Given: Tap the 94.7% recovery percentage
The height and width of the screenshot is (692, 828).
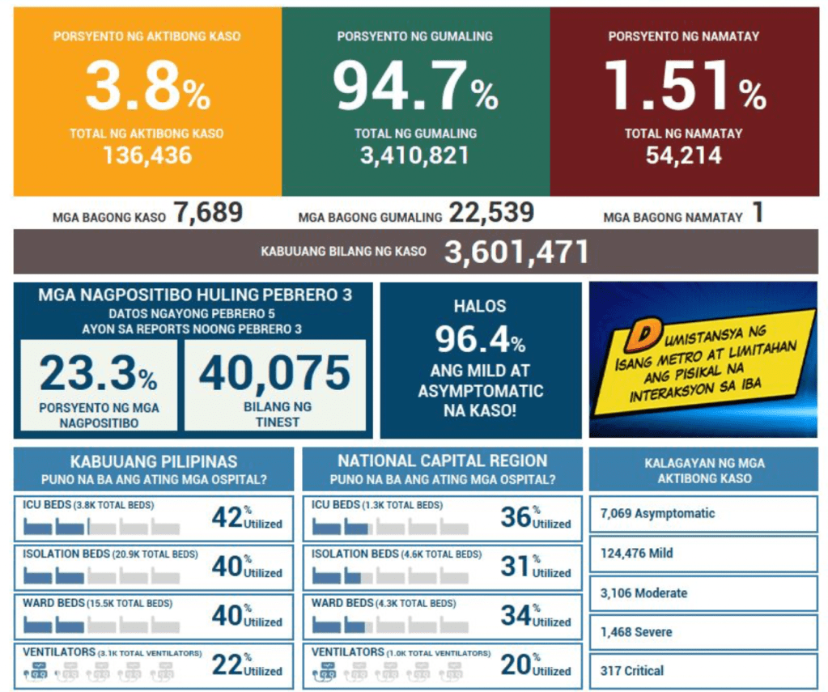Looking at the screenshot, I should (x=415, y=87).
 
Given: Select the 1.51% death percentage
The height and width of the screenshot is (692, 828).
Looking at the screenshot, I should (x=684, y=87).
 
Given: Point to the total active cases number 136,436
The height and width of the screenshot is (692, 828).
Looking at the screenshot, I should (x=147, y=155).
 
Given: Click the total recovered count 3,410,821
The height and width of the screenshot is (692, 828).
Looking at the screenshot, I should (x=415, y=155).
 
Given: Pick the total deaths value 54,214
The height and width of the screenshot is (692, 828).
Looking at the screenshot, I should (x=684, y=155).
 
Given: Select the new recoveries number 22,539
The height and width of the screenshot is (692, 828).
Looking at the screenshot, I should (x=491, y=214).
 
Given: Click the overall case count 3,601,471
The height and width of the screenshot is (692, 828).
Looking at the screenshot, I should (x=516, y=252).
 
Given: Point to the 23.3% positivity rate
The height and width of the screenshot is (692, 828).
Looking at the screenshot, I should (x=98, y=374).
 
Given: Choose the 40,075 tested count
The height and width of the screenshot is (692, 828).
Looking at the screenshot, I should (x=274, y=374).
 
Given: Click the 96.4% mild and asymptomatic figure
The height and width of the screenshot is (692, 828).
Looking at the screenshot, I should (x=480, y=340).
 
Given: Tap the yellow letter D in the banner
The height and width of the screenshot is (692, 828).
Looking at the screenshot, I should (x=645, y=333).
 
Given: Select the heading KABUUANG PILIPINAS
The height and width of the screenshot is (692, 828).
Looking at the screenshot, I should (x=154, y=461).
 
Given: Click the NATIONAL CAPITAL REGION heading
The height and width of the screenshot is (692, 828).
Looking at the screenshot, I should (x=442, y=461).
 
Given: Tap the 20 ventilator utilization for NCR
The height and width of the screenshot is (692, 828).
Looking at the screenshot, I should (x=516, y=664).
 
